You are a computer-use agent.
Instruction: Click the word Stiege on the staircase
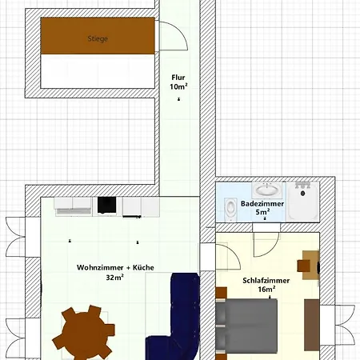coord(98,38)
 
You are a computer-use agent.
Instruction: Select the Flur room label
coord(178,78)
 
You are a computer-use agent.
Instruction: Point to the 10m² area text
coord(178,86)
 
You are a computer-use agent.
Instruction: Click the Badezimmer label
coord(260,204)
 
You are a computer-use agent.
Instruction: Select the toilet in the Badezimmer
coord(230,208)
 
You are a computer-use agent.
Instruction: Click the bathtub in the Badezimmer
coord(303,200)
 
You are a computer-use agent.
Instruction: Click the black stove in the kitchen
coord(106,206)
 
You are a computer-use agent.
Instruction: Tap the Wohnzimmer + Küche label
coord(115,267)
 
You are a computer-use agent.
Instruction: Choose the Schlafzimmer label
coord(266,281)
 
